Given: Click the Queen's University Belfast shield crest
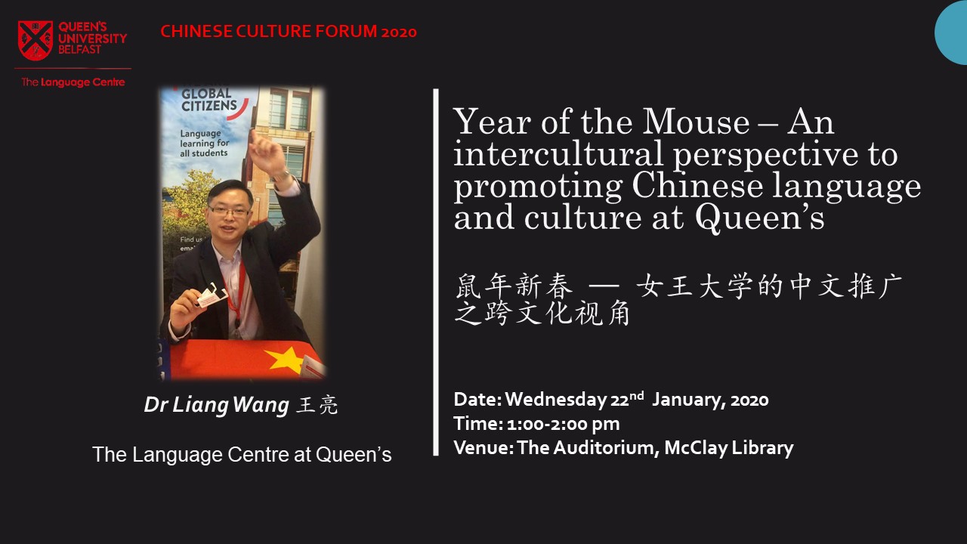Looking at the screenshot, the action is [x=36, y=40].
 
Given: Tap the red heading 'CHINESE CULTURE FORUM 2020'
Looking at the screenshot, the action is [x=289, y=32].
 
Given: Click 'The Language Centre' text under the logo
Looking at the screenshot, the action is [x=73, y=82].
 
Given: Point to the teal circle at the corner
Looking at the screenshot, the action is [x=951, y=32].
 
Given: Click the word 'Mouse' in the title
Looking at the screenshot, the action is [x=696, y=122].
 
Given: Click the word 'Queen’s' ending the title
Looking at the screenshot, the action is [x=760, y=219].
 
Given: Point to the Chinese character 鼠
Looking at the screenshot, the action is [x=468, y=286].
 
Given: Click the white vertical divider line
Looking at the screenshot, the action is [x=436, y=272].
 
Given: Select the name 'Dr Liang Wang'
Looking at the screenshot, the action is [x=216, y=406].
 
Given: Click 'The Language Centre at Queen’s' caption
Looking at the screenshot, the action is [x=242, y=455].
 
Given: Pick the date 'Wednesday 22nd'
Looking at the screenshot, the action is [x=575, y=400].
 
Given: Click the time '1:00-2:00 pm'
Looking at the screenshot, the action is [x=564, y=424].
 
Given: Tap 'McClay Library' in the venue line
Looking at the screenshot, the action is [x=729, y=448].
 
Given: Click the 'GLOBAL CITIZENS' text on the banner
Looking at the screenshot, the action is [x=209, y=100].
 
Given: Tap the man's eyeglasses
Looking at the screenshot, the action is [x=229, y=212].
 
